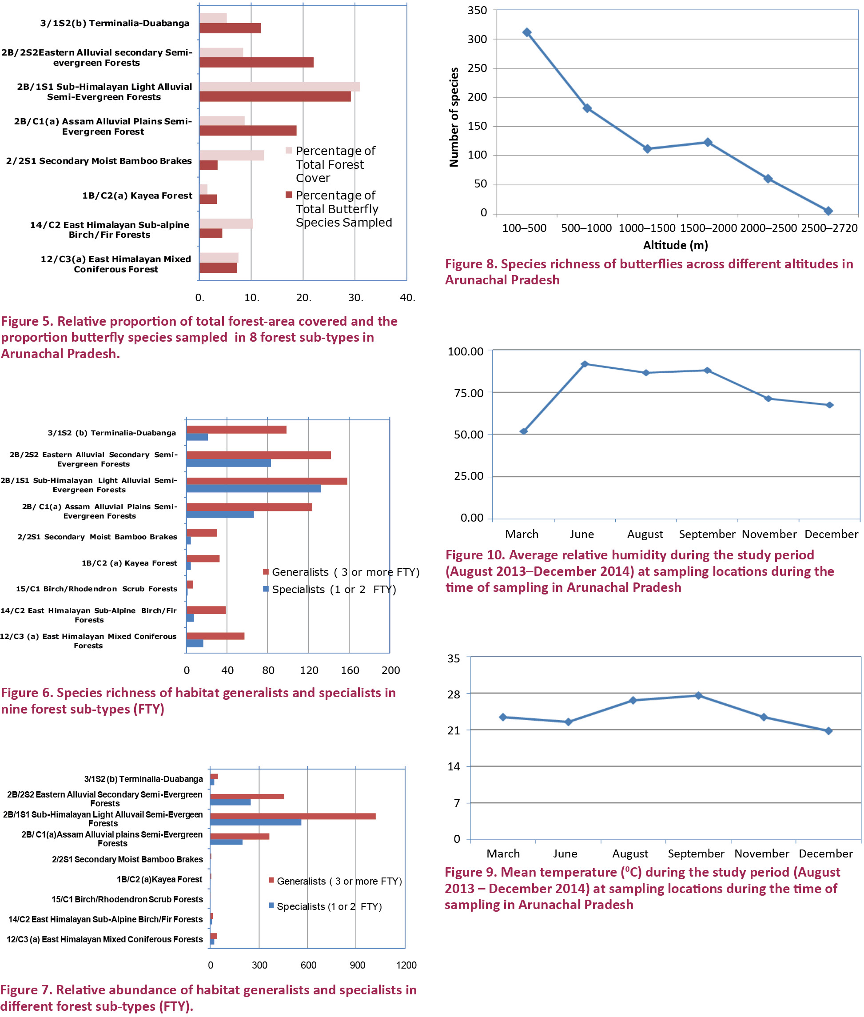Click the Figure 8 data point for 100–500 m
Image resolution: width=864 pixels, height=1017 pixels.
pos(527,32)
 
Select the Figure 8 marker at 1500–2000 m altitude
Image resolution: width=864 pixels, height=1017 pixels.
pos(708,142)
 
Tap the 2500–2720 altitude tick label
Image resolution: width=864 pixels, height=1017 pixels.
pos(829,228)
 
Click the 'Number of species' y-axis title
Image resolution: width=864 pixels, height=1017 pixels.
pos(454,117)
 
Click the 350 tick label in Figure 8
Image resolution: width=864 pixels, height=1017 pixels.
pos(477,10)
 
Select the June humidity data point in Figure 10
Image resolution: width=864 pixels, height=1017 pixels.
pos(584,364)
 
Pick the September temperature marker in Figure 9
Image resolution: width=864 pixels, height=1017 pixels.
pos(698,696)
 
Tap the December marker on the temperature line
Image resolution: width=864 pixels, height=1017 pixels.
pos(828,731)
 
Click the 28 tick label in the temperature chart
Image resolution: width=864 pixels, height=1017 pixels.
pos(454,694)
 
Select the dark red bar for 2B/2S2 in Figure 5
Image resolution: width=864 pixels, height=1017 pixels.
pos(256,63)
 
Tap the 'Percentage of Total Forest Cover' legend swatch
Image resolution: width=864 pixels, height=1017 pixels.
pos(289,150)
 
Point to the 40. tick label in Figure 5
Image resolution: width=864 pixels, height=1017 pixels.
pos(407,298)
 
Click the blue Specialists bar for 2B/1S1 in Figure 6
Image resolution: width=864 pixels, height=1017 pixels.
pos(253,489)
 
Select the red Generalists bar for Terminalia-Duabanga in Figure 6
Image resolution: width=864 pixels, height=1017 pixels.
pos(236,430)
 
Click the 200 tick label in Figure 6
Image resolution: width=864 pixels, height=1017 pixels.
pos(390,670)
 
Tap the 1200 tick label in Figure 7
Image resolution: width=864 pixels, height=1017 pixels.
pos(406,965)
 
